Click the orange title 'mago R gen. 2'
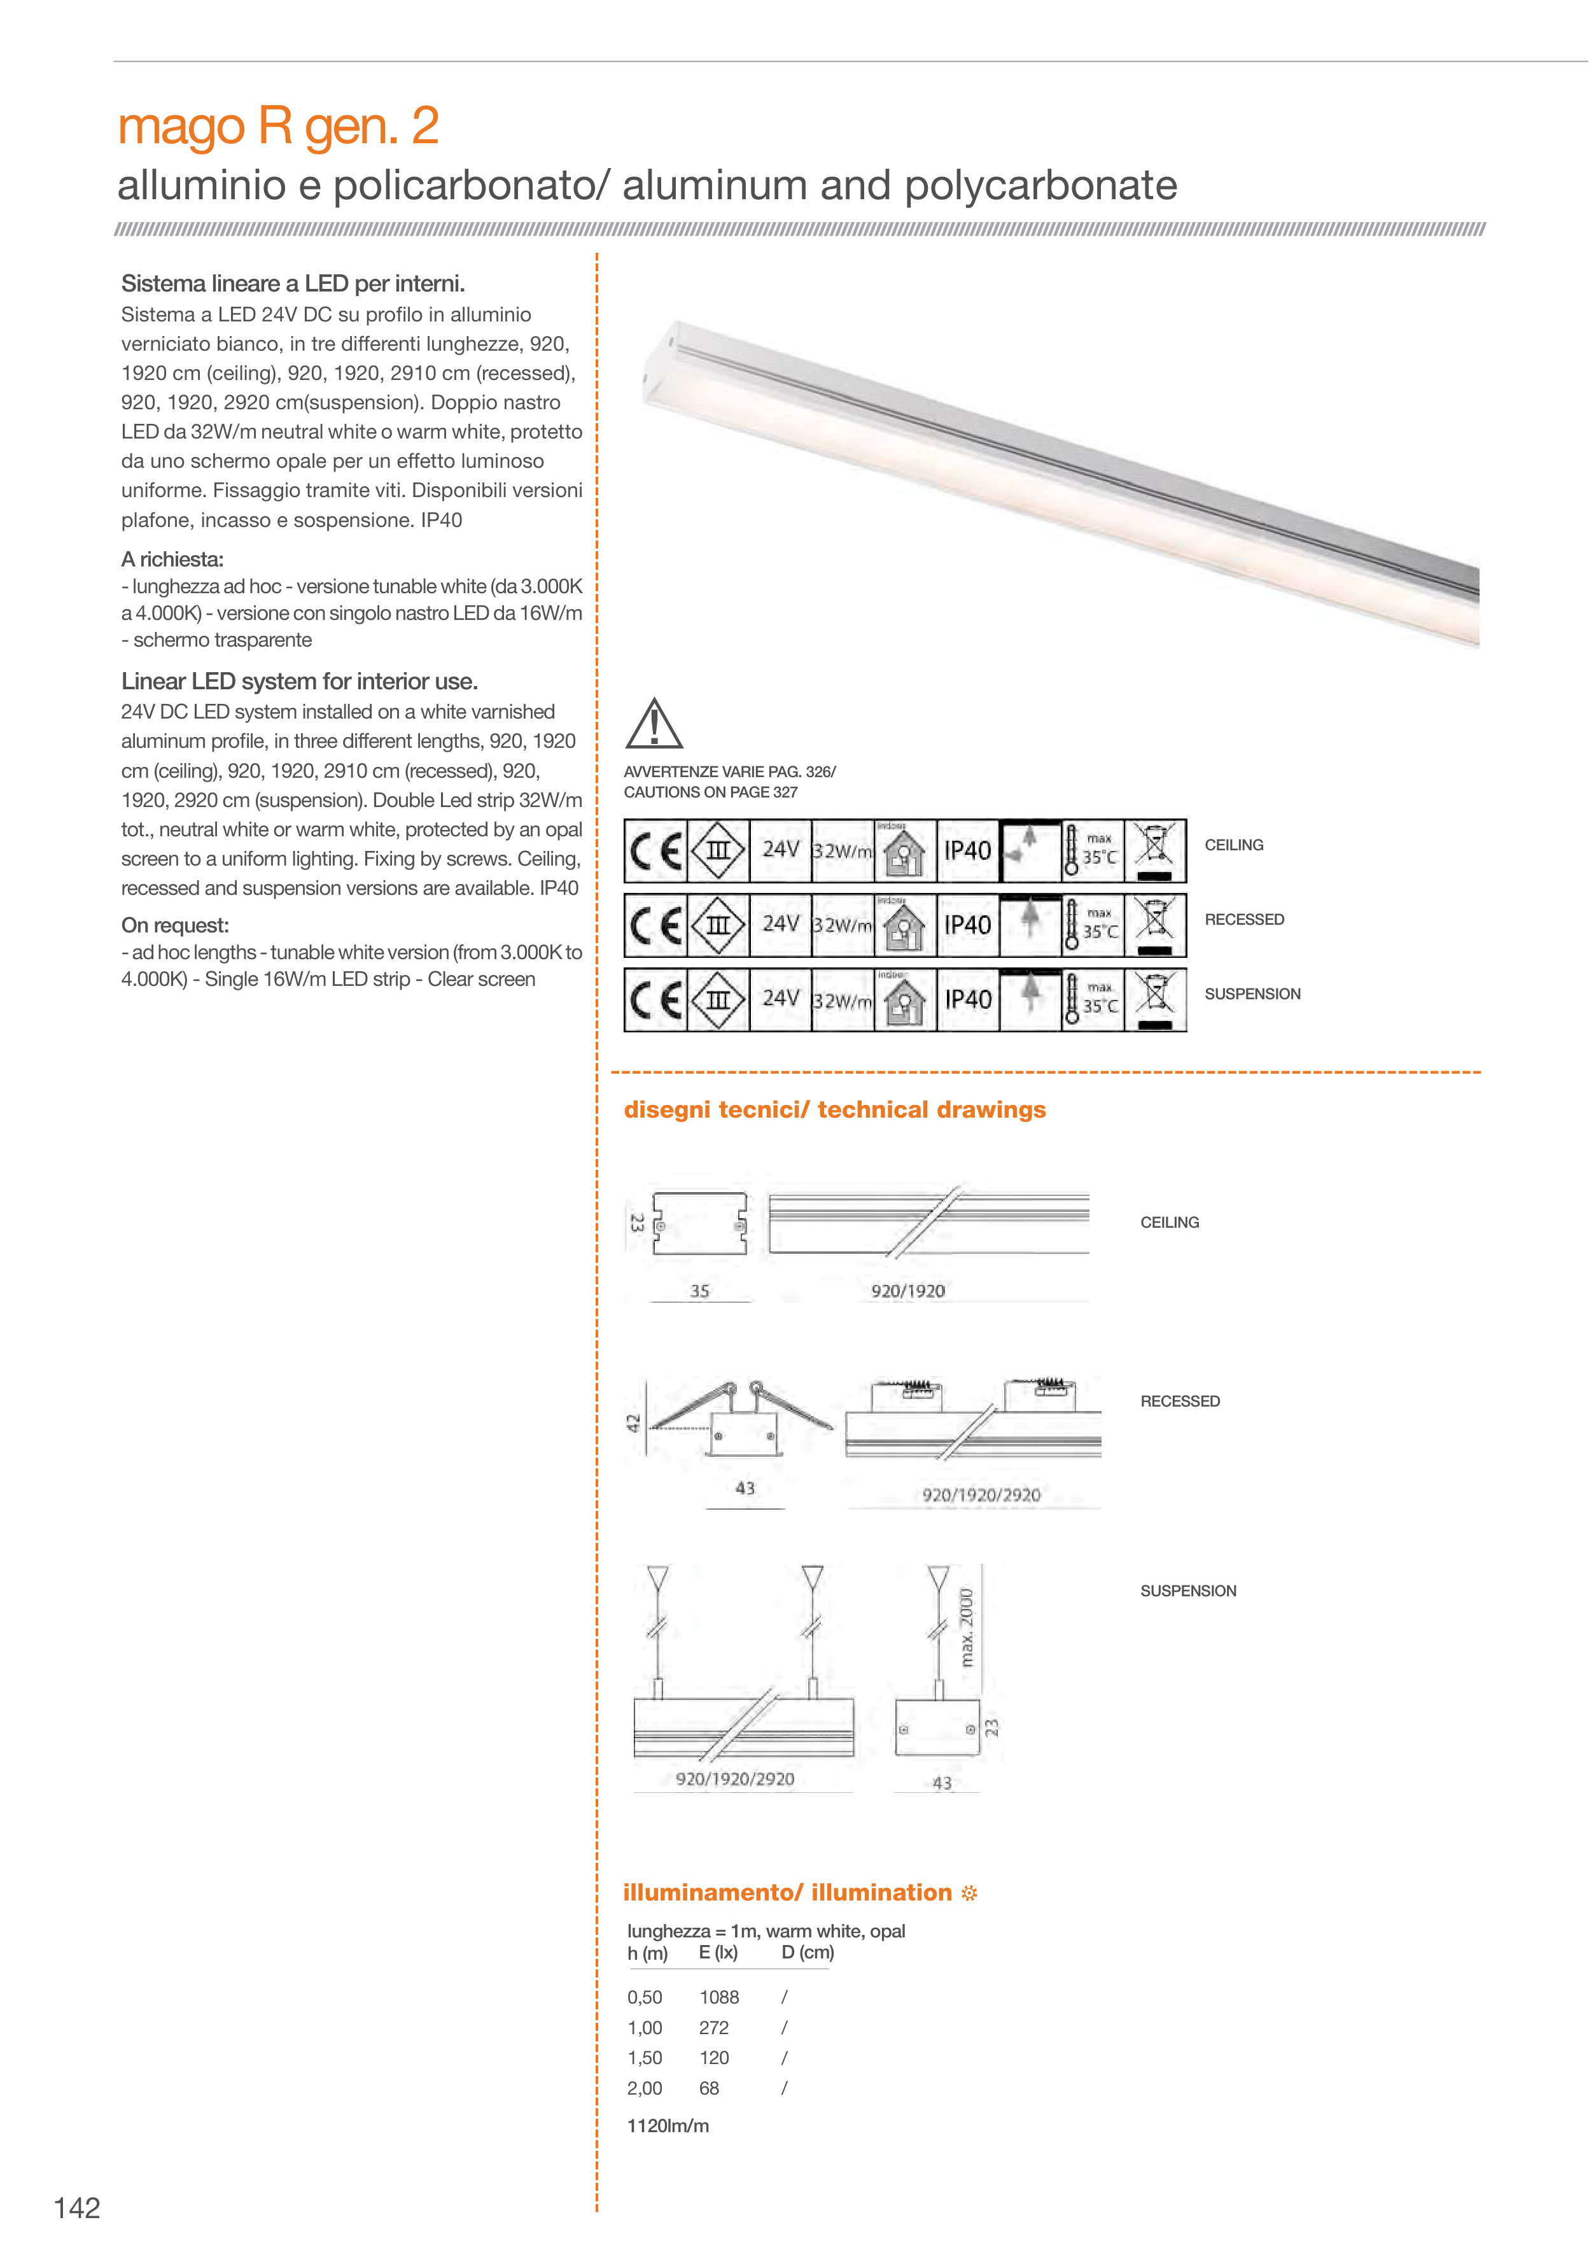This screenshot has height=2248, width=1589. point(278,126)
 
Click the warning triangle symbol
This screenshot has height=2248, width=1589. point(653,724)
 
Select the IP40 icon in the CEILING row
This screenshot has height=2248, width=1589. point(967,851)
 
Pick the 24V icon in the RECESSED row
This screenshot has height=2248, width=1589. point(780,924)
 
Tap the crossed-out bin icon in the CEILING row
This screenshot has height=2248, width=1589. point(1155,851)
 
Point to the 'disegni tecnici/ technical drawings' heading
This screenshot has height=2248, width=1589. point(834,1109)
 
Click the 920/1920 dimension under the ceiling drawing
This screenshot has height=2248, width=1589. point(907,1291)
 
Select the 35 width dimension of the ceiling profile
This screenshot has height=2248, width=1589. point(699,1291)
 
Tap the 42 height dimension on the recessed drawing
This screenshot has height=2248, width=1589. point(633,1423)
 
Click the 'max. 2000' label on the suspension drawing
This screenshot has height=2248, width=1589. point(967,1627)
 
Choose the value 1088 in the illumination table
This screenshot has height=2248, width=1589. point(718,1997)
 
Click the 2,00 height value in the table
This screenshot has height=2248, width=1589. point(644,2088)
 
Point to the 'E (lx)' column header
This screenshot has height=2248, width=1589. point(718,1952)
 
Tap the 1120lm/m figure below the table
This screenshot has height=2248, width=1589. point(668,2126)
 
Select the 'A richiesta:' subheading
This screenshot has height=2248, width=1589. point(172,559)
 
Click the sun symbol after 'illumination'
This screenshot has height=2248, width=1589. point(969,1893)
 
